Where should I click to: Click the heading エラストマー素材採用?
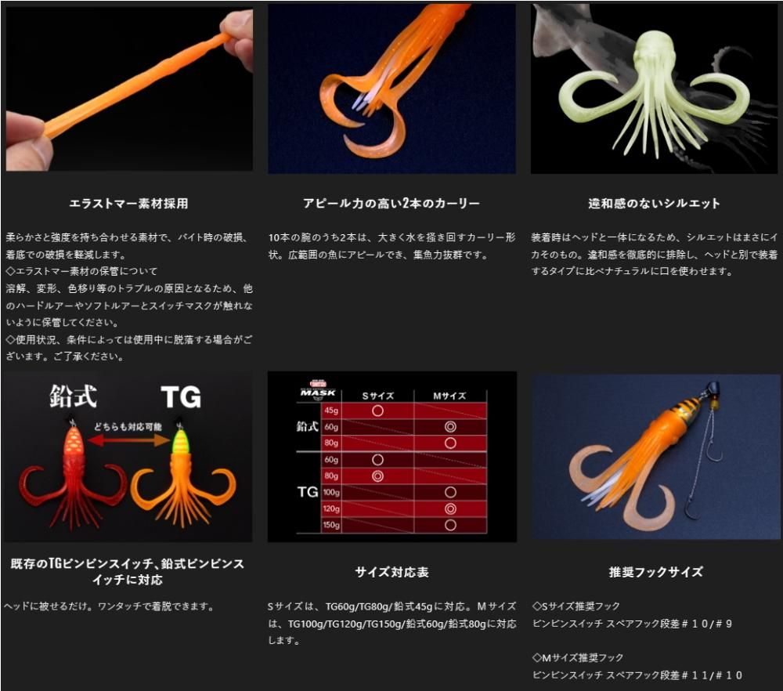click(x=128, y=204)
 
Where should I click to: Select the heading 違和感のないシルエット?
click(x=654, y=204)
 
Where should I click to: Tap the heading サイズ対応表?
click(x=392, y=572)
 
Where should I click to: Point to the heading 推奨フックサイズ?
click(x=655, y=572)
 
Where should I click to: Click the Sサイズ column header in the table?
click(x=377, y=396)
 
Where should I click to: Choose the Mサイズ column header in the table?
click(x=449, y=396)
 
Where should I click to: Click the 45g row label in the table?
click(x=331, y=411)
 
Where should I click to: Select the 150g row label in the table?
click(x=331, y=525)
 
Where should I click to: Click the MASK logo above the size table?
click(x=318, y=391)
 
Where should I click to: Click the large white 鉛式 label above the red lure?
click(x=74, y=396)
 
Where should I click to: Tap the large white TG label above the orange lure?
click(x=182, y=398)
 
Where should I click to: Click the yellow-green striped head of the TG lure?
click(x=181, y=441)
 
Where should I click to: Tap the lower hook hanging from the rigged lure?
click(x=693, y=508)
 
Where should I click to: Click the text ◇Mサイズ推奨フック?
click(x=578, y=657)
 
